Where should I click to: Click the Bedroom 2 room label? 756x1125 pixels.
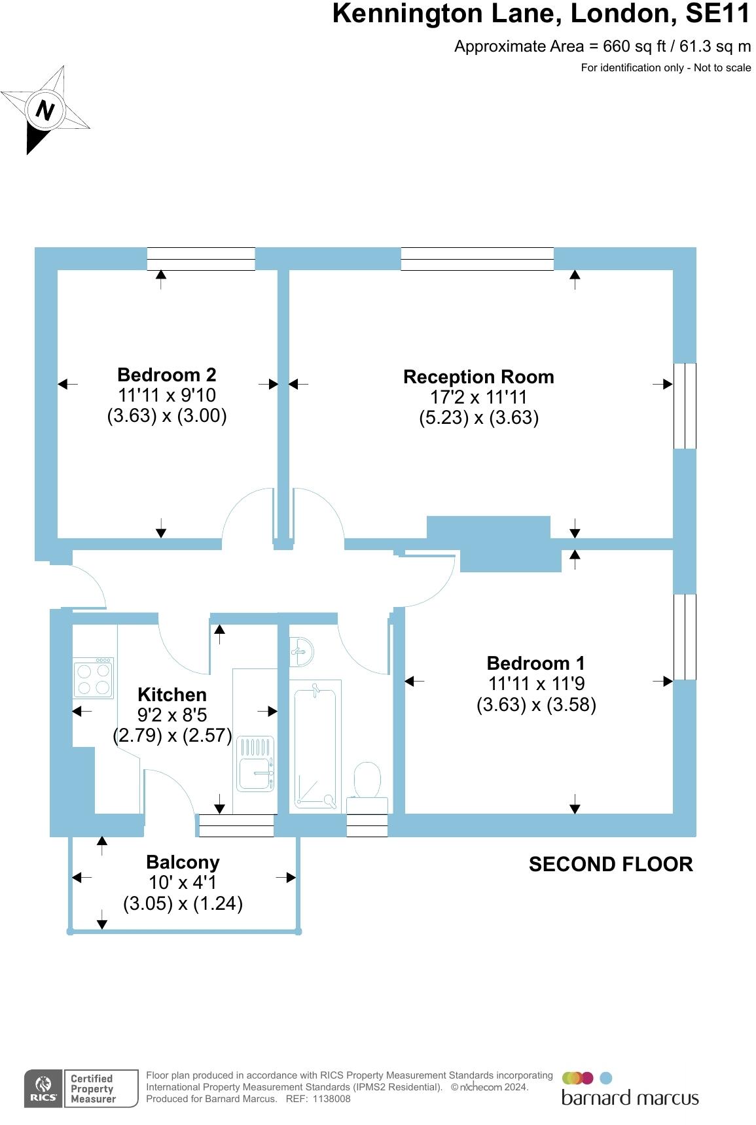166,375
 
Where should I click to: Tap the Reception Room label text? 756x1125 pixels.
478,377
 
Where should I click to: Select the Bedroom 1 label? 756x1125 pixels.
535,663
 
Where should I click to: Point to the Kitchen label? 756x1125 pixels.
172,695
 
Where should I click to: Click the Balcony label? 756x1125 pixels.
183,862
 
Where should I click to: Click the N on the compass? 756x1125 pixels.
45,109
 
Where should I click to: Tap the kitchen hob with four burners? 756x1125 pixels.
94,678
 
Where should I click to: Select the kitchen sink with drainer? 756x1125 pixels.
255,763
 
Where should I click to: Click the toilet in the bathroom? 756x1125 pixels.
368,780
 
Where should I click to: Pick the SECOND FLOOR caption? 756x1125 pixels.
611,865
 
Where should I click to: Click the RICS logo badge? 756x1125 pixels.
43,1088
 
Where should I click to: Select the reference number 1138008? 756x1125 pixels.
331,1099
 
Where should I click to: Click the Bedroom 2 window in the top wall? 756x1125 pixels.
201,259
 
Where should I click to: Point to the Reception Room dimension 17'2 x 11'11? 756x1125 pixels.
478,397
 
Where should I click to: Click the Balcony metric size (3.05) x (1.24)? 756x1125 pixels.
183,903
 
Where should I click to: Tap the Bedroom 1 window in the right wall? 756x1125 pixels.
685,636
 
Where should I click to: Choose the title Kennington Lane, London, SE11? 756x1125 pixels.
541,14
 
